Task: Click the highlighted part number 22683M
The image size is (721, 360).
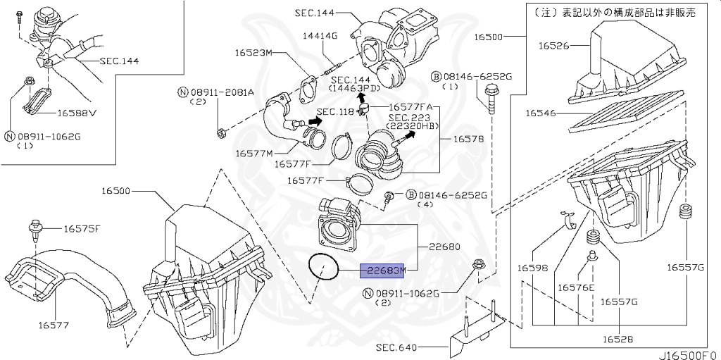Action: [x=384, y=271]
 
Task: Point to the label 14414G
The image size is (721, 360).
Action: [x=320, y=36]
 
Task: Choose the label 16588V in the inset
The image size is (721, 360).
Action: [x=76, y=112]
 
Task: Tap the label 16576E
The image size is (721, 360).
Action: [x=576, y=287]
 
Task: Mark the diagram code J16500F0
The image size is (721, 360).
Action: [x=689, y=355]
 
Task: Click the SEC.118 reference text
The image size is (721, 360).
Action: [x=334, y=112]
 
